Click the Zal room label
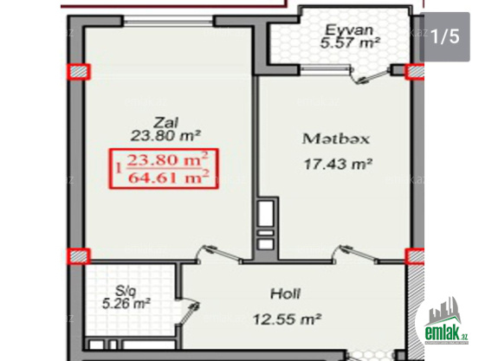(166, 123)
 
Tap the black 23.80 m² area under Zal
(165, 135)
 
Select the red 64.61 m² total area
(169, 177)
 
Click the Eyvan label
(349, 30)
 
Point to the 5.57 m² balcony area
(350, 42)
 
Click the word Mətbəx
(336, 139)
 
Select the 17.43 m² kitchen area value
(338, 164)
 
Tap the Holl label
(285, 294)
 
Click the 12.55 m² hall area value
(287, 319)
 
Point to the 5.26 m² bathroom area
(126, 303)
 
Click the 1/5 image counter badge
(445, 36)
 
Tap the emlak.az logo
(445, 321)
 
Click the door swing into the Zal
(219, 254)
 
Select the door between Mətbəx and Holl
(356, 254)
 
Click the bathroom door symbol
(188, 313)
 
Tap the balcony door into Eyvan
(370, 75)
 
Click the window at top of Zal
(169, 22)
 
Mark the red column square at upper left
(79, 72)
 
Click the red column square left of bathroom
(79, 256)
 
